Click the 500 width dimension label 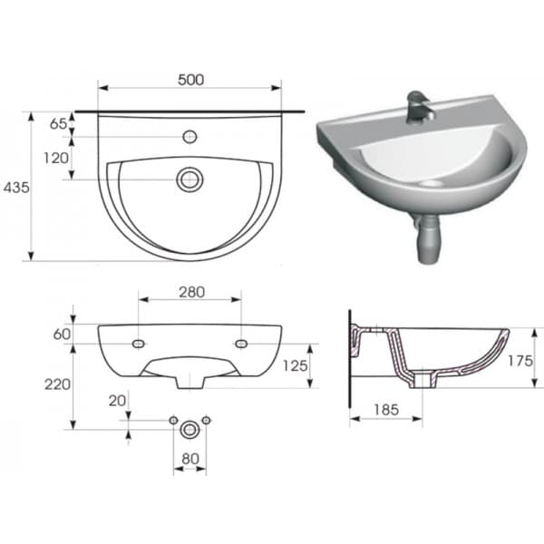pos(190,80)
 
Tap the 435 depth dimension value pos(16,188)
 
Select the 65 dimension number pos(58,123)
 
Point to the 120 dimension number pos(56,158)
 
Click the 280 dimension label pos(192,292)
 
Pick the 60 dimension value pos(62,334)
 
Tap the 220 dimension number pos(58,384)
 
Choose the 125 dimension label pos(296,365)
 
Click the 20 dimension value pos(117,401)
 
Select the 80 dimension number pos(190,459)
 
